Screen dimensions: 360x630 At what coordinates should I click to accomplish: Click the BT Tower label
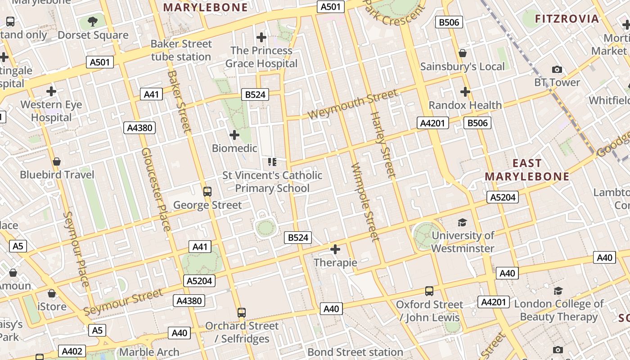point(557,82)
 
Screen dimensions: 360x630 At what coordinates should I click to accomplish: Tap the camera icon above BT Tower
point(557,69)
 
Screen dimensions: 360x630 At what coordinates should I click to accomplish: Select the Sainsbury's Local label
point(462,67)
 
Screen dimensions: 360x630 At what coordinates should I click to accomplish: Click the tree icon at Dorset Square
point(92,21)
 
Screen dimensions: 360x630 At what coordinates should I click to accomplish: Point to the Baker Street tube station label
point(181,50)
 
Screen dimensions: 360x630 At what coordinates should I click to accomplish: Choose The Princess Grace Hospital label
point(261,57)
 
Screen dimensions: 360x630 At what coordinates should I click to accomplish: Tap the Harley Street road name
point(382,144)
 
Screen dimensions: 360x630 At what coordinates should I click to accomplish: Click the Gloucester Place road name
point(156,189)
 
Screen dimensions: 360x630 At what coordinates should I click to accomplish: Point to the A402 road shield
point(72,351)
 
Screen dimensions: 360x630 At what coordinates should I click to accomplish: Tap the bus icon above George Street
point(207,191)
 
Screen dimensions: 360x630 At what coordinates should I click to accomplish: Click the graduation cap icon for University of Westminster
point(462,222)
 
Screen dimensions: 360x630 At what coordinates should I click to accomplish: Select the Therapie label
point(335,262)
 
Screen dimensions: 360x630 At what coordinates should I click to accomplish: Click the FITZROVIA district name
point(567,19)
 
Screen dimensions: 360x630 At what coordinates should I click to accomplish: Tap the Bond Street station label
point(355,352)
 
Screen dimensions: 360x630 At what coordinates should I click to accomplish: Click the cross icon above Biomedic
point(234,135)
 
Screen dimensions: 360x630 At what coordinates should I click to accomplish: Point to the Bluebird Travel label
point(57,175)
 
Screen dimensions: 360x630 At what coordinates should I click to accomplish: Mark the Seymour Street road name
point(123,302)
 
